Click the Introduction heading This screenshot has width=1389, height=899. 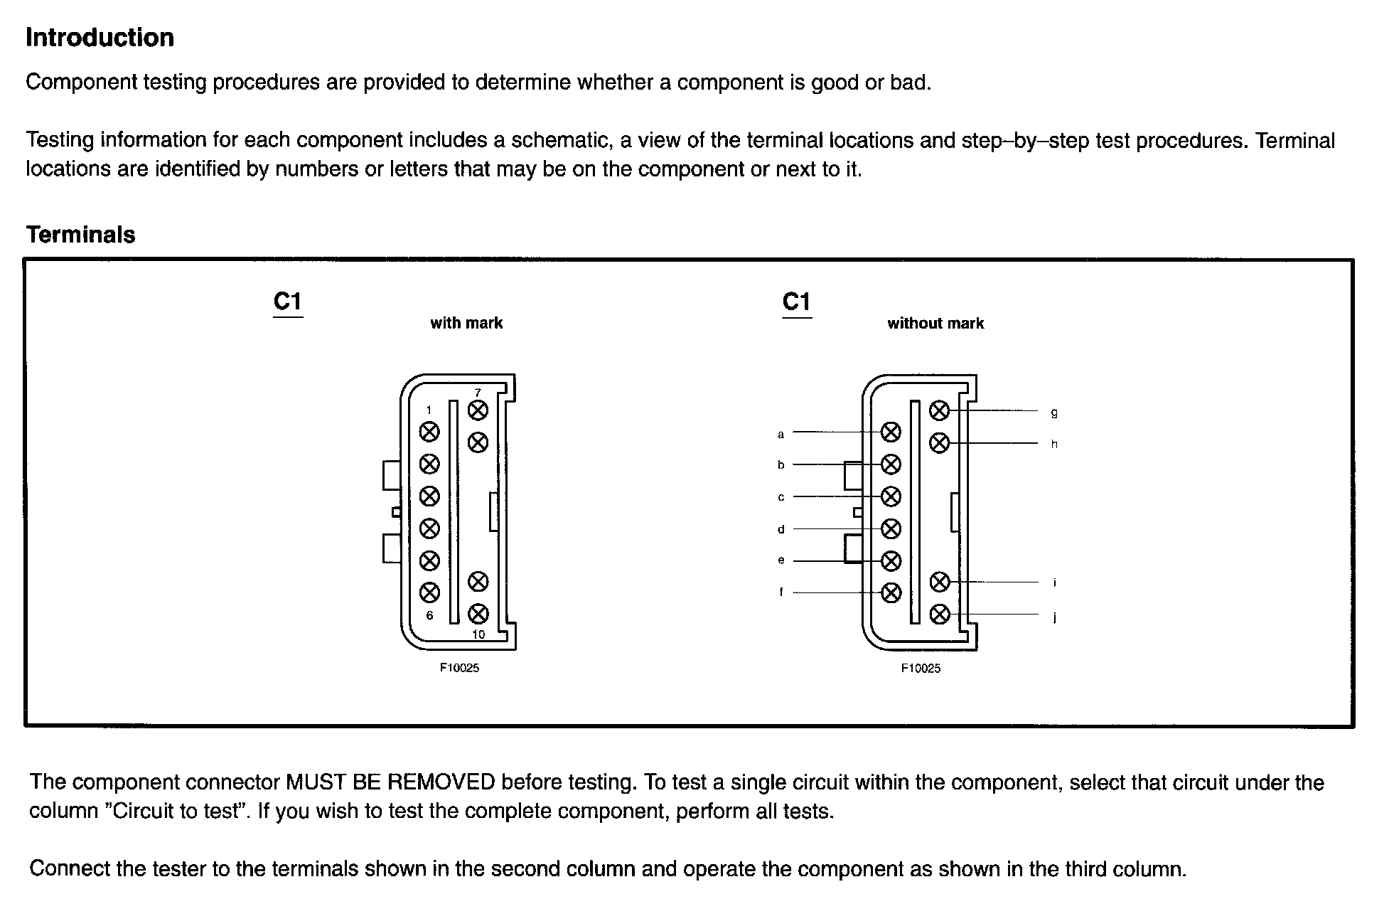[100, 38]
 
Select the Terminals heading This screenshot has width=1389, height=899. [80, 235]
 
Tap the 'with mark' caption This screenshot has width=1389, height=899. [466, 323]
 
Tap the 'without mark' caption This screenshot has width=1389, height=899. [935, 323]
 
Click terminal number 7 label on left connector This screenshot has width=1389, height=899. [478, 393]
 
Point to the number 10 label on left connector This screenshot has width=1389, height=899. [478, 634]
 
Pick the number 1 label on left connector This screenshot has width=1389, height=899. [429, 410]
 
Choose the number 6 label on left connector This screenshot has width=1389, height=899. [429, 615]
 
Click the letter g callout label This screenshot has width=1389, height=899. [1054, 413]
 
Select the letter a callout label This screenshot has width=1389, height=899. [781, 434]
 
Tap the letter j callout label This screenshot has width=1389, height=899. [1054, 617]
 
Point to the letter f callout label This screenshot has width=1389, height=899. [781, 592]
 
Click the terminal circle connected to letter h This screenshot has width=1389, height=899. [939, 443]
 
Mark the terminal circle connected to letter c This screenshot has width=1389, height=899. [891, 496]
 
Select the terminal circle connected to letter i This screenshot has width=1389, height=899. [939, 582]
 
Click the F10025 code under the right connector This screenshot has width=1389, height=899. [921, 668]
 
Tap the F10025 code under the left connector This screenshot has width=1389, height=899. [459, 668]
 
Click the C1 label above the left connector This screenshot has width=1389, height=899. [288, 302]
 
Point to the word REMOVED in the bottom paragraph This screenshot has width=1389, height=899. [441, 782]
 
